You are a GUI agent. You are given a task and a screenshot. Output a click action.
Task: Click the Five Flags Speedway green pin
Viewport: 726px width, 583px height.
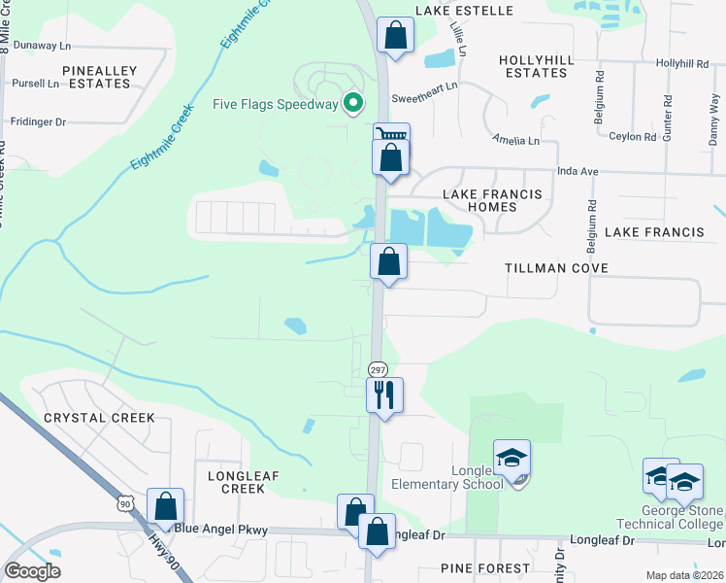[x=354, y=102]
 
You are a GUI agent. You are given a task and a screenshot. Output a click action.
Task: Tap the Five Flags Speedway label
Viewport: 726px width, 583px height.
[x=276, y=104]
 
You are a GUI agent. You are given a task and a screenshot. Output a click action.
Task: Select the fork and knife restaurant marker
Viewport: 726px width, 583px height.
[x=384, y=394]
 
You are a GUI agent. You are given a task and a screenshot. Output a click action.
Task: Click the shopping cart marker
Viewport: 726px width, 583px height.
[x=392, y=136]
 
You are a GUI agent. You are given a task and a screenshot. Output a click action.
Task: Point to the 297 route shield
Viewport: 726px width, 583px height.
[x=378, y=369]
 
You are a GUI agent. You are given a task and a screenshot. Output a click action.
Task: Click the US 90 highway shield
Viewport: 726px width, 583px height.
[x=123, y=502]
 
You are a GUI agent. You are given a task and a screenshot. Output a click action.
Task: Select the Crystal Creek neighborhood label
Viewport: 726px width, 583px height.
[x=98, y=418]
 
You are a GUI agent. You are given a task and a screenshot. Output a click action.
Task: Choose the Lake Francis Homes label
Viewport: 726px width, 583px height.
[x=492, y=200]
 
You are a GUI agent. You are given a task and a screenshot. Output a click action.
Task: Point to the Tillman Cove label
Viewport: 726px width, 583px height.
[x=556, y=268]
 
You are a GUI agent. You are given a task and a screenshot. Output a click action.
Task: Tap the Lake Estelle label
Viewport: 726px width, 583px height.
[x=463, y=11]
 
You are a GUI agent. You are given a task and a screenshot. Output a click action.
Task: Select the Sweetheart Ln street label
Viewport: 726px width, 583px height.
[x=423, y=99]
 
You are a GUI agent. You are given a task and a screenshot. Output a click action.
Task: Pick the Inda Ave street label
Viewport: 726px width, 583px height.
[x=577, y=171]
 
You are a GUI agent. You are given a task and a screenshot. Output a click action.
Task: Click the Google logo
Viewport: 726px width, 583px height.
[x=32, y=570]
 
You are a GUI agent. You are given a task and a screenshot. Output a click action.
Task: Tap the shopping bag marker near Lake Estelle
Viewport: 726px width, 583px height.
[x=395, y=36]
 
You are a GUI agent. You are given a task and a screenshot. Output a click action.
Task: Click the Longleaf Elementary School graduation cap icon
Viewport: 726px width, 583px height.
[x=511, y=456]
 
